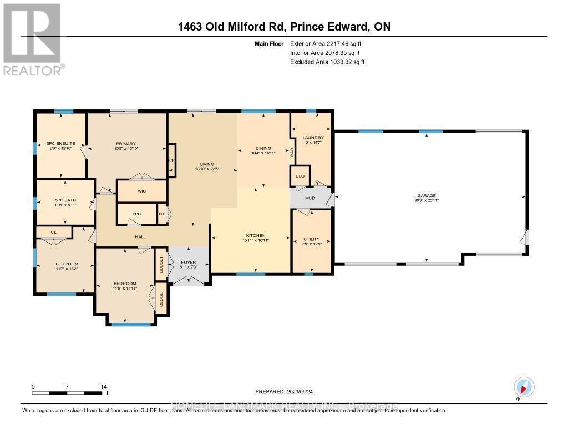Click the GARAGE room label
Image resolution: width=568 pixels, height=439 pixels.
click(x=427, y=195)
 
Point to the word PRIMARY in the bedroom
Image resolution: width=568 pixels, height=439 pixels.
click(x=126, y=144)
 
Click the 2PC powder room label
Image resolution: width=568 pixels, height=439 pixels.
click(x=136, y=213)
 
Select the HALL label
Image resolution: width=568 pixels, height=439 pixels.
click(x=140, y=236)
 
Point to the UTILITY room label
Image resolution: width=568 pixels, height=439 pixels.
click(x=311, y=239)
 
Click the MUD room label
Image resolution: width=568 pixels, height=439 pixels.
click(x=310, y=197)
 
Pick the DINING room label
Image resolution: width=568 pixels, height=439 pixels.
click(x=263, y=148)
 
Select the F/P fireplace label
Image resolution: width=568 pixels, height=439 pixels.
click(x=171, y=160)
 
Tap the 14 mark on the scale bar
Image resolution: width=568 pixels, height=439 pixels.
click(x=103, y=386)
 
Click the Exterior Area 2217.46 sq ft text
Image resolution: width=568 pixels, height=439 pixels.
click(x=328, y=43)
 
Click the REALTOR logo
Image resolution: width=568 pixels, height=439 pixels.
click(x=33, y=39)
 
